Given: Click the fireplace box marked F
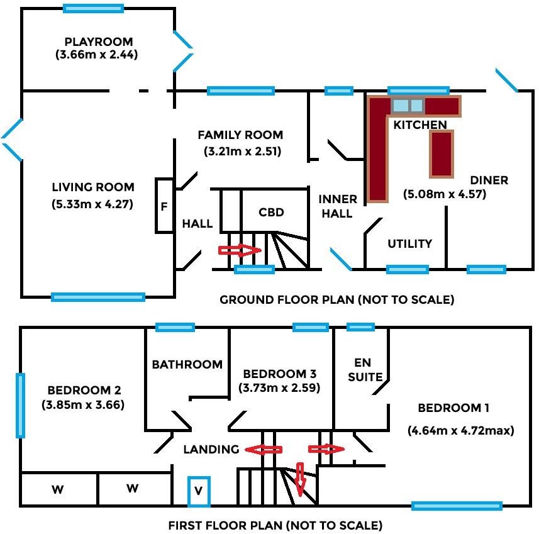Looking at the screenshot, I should coord(164,206).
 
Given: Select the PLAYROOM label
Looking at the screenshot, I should coord(98,42).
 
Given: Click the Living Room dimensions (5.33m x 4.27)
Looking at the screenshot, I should coord(93,204).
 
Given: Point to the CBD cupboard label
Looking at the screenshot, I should coord(271,212).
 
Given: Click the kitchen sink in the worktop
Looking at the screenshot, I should coord(408,105).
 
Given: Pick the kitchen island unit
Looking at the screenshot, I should coord(441,153).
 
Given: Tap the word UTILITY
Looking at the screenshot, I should coord(409,243).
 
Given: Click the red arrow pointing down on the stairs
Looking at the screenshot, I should coord(300,479).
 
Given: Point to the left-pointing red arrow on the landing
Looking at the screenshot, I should coord(263,449).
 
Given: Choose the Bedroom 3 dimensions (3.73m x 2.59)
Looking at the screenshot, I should coord(280,388).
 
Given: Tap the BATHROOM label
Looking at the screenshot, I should coord(187,364).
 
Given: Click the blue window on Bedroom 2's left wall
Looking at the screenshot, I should coord(21,405).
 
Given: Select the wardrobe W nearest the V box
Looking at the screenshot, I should coord(132,489).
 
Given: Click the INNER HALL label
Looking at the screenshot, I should coord(338,206).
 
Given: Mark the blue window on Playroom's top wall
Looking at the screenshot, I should coord(93,9).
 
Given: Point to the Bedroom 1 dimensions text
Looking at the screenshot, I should coord(461,431).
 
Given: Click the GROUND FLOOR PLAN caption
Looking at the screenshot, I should coord(336,299).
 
